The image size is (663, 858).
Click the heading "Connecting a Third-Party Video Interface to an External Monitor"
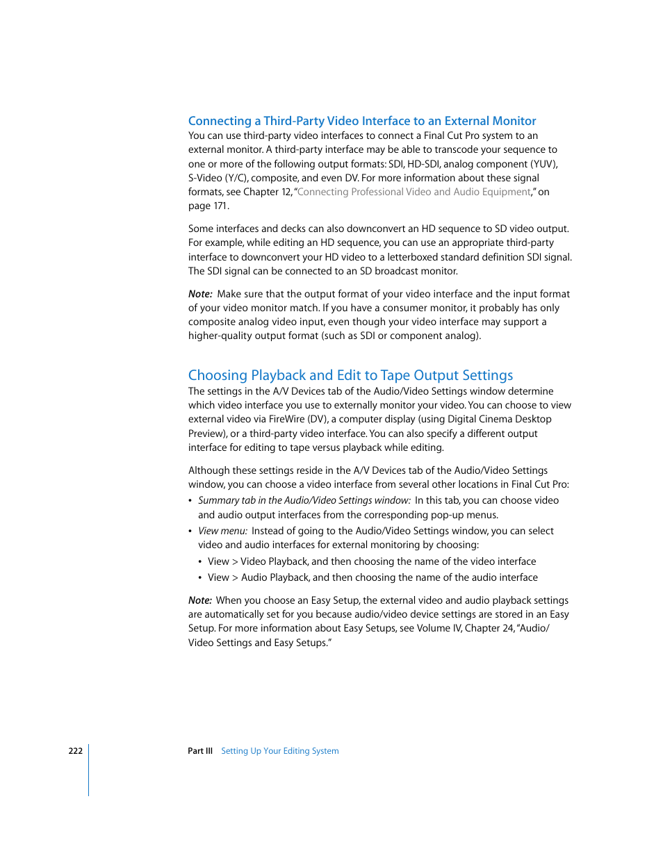[x=362, y=121]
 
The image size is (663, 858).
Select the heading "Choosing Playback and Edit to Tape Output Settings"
[x=350, y=375]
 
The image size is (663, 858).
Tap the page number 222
[x=75, y=751]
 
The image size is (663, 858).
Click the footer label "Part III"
[x=200, y=751]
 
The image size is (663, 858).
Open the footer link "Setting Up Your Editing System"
[x=280, y=751]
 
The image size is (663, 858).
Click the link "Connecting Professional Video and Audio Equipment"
[x=414, y=192]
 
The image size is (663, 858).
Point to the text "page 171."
[x=208, y=206]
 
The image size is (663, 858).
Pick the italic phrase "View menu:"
[x=222, y=531]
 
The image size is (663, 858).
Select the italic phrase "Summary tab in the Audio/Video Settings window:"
[x=304, y=500]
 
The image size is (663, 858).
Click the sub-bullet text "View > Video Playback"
[x=258, y=561]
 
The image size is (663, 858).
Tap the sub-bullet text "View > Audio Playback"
[x=259, y=577]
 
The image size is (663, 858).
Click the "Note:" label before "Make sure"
[x=200, y=294]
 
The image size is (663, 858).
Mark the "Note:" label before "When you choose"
[x=200, y=600]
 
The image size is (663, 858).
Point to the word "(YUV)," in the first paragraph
[x=544, y=164]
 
